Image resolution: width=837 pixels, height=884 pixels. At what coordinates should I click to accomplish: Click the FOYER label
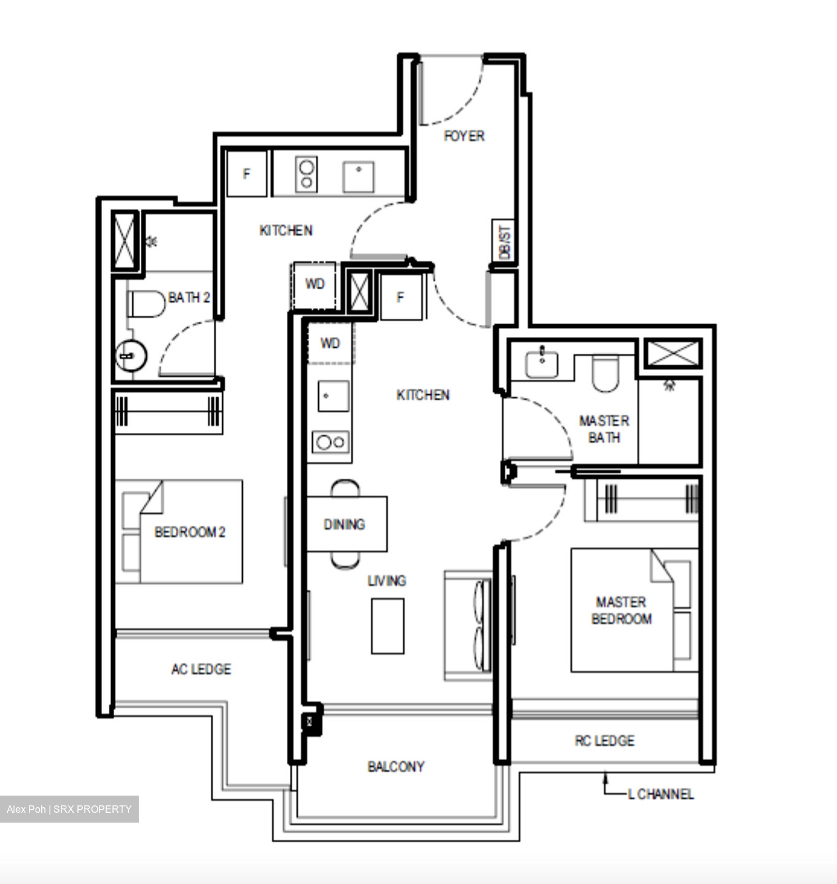tap(464, 136)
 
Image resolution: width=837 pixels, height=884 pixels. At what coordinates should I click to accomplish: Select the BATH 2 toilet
tap(146, 304)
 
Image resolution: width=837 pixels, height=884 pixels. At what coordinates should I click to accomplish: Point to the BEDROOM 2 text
tap(190, 532)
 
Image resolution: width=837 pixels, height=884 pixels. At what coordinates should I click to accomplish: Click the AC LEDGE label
tap(201, 669)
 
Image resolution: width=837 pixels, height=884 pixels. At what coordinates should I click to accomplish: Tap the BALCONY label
tap(395, 766)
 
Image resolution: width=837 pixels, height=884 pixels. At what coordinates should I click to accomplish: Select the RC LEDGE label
tap(604, 740)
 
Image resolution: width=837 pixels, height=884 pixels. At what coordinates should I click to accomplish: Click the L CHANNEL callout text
tap(661, 794)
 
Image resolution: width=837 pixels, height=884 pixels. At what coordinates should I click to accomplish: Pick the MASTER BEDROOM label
tap(621, 610)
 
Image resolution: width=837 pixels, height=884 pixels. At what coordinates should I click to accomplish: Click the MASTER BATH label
tap(604, 429)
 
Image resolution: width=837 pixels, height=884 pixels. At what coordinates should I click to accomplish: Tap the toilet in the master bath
tap(605, 374)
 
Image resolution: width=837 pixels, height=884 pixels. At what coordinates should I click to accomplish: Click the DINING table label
tap(344, 524)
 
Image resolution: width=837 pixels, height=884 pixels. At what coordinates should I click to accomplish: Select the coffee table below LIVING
tap(387, 626)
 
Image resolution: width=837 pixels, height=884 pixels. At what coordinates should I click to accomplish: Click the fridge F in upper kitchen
tap(246, 174)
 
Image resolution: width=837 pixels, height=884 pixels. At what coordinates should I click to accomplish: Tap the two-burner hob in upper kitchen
tap(306, 174)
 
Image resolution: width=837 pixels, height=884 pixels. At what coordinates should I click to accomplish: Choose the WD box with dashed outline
tap(314, 284)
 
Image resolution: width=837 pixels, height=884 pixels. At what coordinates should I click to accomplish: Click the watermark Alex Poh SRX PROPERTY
tap(69, 809)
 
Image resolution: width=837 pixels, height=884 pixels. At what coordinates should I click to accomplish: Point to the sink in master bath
tap(542, 364)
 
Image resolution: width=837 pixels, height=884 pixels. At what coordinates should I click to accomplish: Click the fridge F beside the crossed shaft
tap(401, 298)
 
